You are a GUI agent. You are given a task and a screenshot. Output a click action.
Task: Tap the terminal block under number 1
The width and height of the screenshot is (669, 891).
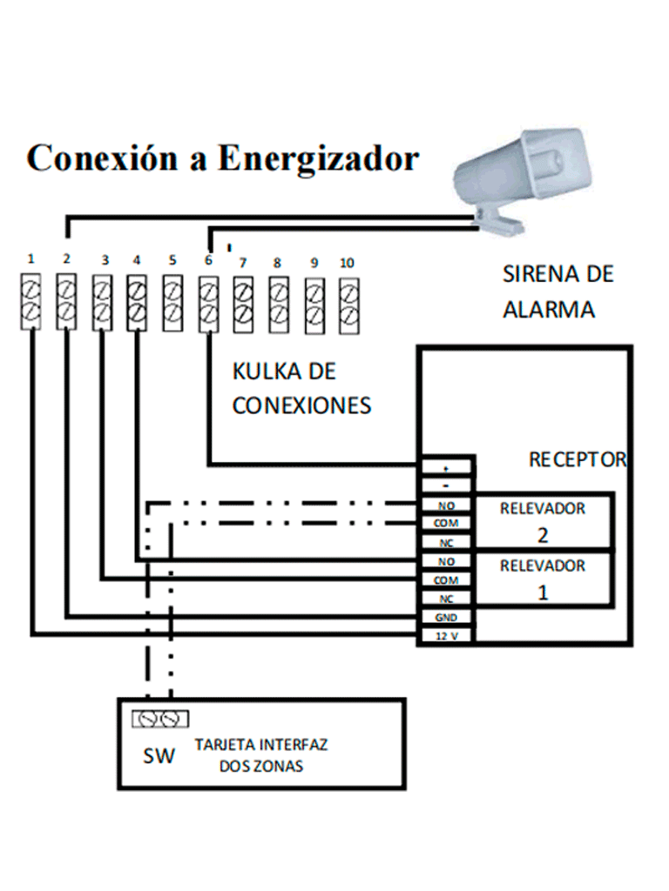pyautogui.click(x=30, y=302)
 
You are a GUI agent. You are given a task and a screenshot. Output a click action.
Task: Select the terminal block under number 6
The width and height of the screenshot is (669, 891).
pyautogui.click(x=208, y=302)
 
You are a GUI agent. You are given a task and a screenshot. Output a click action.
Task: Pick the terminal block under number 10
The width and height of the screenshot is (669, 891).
pyautogui.click(x=348, y=302)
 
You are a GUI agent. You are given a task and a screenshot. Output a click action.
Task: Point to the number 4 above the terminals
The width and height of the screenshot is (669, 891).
pyautogui.click(x=137, y=260)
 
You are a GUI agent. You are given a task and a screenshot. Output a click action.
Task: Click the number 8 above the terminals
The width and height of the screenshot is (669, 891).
pyautogui.click(x=277, y=262)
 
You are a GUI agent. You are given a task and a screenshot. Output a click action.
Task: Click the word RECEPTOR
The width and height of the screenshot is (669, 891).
pyautogui.click(x=578, y=459)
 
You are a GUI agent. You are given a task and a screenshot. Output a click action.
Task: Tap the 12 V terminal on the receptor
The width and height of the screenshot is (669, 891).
pyautogui.click(x=445, y=637)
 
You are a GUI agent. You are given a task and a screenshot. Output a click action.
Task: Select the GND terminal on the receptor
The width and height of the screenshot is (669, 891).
pyautogui.click(x=445, y=618)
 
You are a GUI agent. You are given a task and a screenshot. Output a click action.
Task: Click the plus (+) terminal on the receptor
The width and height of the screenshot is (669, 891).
pyautogui.click(x=445, y=467)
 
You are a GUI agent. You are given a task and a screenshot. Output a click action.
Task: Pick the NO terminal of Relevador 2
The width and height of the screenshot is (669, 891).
pyautogui.click(x=445, y=506)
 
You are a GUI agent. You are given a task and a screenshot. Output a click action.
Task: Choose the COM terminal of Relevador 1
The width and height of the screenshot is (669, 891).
pyautogui.click(x=445, y=580)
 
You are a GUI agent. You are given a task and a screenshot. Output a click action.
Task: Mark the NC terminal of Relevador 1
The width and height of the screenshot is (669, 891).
pyautogui.click(x=445, y=600)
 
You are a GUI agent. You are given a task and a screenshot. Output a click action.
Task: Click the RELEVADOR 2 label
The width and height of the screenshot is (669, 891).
pyautogui.click(x=542, y=520)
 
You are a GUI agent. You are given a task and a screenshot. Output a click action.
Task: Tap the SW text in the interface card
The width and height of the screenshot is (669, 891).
pyautogui.click(x=159, y=756)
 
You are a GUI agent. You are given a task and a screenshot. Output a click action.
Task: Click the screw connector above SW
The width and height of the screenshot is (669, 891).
pyautogui.click(x=159, y=719)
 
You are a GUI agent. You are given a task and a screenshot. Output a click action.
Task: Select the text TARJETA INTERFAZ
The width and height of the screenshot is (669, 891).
pyautogui.click(x=261, y=747)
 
